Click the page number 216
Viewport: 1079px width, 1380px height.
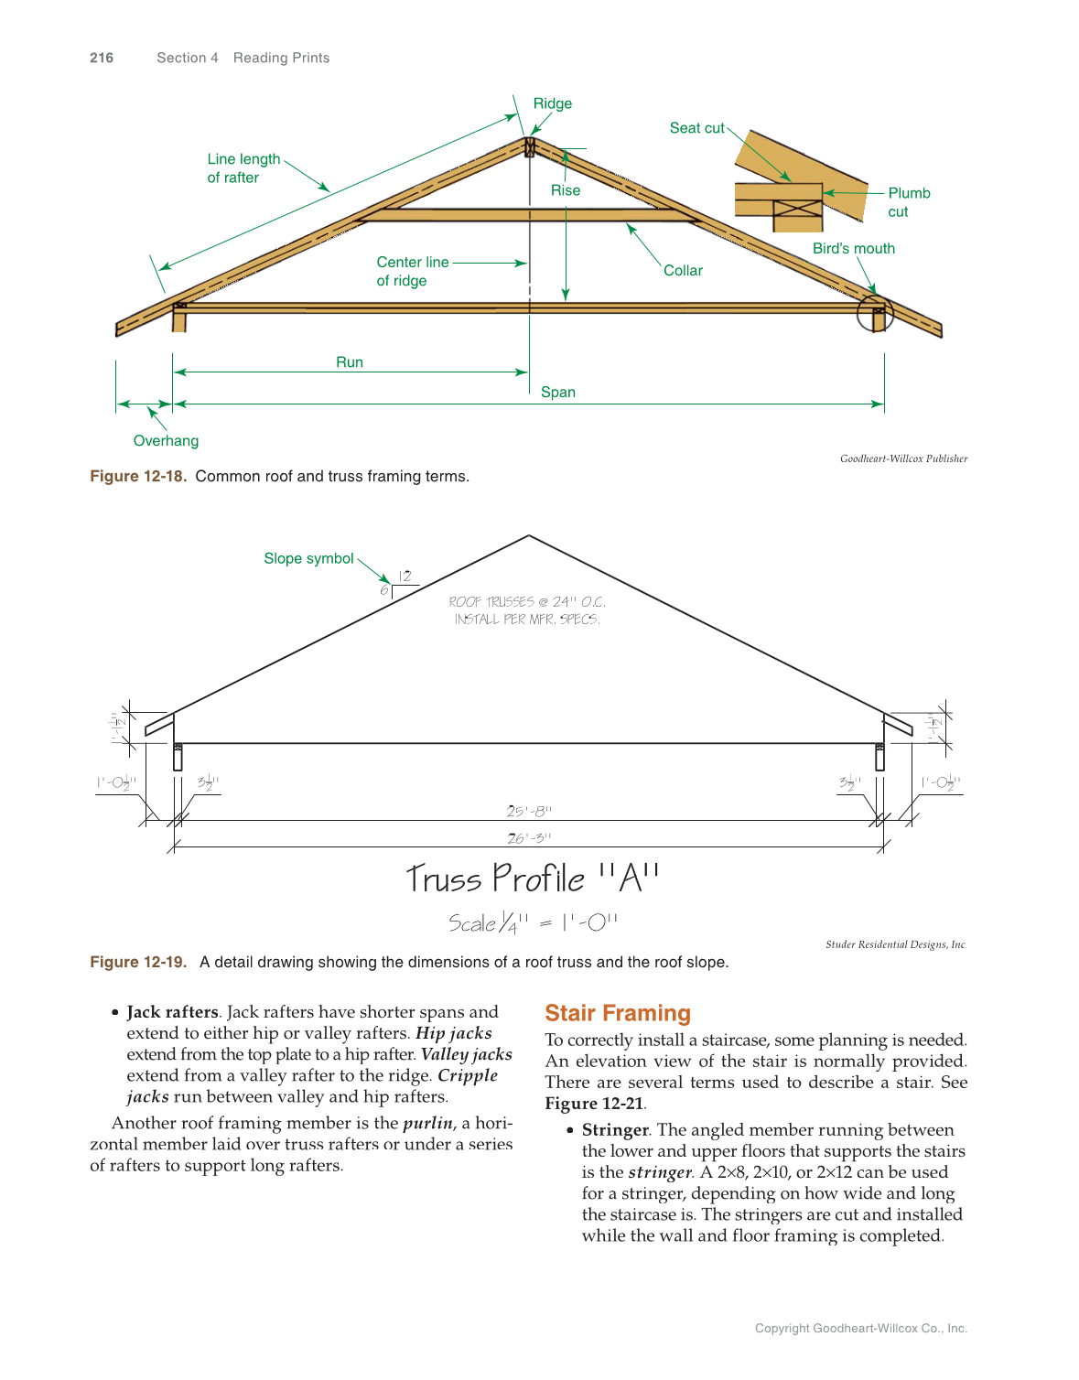(102, 58)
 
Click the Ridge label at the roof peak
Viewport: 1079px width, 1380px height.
(553, 103)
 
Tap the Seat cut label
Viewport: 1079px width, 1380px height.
(696, 128)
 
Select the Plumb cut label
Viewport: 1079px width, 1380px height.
(908, 202)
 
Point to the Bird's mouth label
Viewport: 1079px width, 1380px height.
(853, 249)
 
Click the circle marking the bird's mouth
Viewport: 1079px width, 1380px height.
(875, 313)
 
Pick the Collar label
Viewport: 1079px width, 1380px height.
(683, 271)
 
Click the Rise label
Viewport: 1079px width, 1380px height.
(566, 190)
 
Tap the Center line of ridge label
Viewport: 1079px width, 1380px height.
(412, 271)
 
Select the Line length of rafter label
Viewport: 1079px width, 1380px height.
(243, 168)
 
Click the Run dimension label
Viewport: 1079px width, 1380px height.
(350, 362)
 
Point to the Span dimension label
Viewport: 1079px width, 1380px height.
(558, 393)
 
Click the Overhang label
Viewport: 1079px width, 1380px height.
(166, 441)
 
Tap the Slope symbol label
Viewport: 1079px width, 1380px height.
(308, 559)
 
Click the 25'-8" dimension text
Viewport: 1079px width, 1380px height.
(529, 811)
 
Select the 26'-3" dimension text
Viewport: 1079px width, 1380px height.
(529, 838)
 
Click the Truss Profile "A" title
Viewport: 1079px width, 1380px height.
(533, 879)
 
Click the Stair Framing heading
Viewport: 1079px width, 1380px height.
(618, 1013)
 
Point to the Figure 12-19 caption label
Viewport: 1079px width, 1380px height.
(138, 962)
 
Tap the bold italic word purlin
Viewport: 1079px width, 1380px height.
(427, 1123)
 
